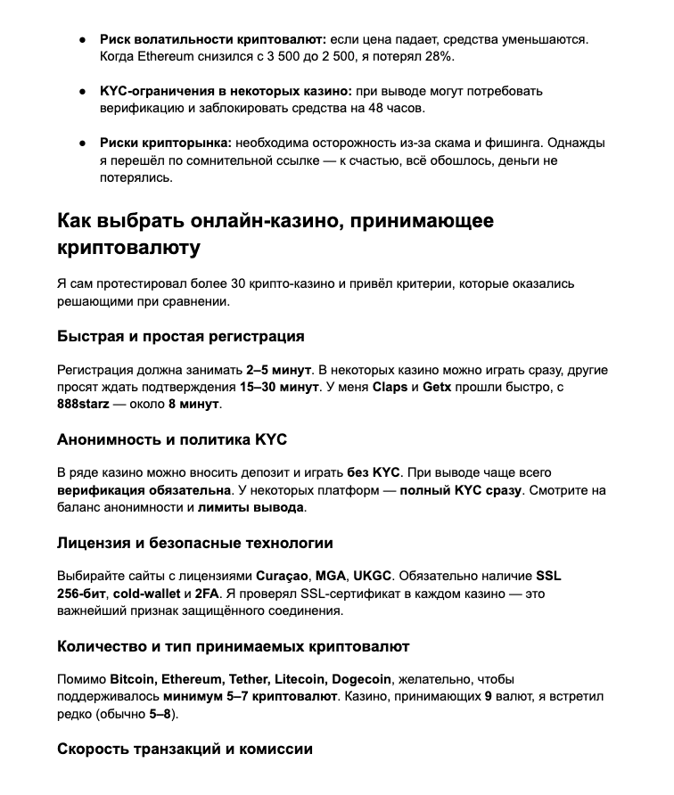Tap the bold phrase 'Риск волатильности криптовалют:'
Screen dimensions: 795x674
(213, 39)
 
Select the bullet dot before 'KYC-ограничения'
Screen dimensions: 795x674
(83, 91)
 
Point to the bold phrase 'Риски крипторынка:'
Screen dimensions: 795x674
(166, 143)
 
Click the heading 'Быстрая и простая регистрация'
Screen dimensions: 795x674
(181, 336)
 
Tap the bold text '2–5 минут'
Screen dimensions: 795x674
(278, 370)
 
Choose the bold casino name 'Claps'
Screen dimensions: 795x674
(390, 387)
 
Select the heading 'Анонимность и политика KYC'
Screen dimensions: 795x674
(172, 439)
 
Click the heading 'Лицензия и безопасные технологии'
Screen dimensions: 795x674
(195, 542)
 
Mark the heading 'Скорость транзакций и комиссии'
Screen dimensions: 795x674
(185, 749)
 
